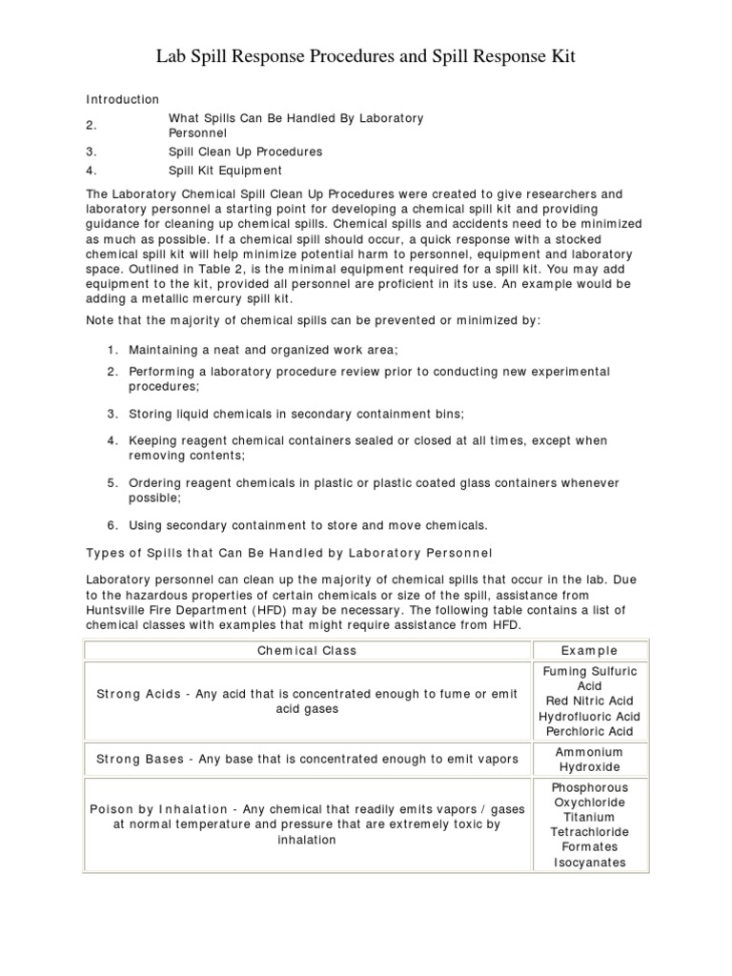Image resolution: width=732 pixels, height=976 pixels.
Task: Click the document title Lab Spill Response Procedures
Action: point(366,59)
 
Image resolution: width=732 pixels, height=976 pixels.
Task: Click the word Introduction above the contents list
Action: point(123,99)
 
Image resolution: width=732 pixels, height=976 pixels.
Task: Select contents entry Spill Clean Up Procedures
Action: point(245,152)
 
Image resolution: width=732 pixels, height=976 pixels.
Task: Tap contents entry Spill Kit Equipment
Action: point(225,171)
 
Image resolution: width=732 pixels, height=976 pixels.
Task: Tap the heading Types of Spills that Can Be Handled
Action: point(289,553)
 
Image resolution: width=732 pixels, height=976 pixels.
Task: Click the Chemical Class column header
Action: point(307,651)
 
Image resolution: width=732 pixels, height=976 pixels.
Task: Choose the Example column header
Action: point(589,651)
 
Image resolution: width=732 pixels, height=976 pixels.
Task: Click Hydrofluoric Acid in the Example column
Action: point(589,717)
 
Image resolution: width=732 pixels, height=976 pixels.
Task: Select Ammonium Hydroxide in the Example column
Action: point(589,760)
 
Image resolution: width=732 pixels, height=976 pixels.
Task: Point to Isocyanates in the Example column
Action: point(589,863)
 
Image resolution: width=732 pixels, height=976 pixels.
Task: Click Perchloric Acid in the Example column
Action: point(589,732)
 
